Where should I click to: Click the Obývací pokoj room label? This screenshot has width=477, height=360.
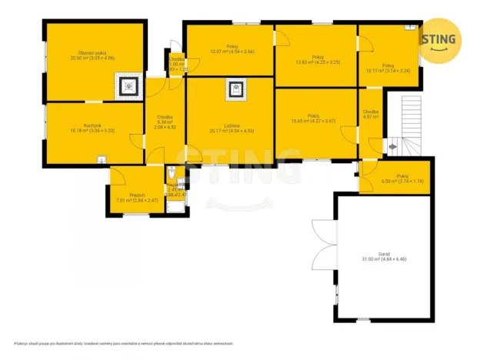click(92, 55)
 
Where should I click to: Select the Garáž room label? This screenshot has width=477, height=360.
click(384, 255)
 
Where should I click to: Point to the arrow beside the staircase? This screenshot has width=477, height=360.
click(392, 143)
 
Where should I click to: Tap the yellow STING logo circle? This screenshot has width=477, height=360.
click(439, 38)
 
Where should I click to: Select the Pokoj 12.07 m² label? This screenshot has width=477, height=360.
click(229, 50)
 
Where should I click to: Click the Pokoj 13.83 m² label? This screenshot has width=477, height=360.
click(316, 57)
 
